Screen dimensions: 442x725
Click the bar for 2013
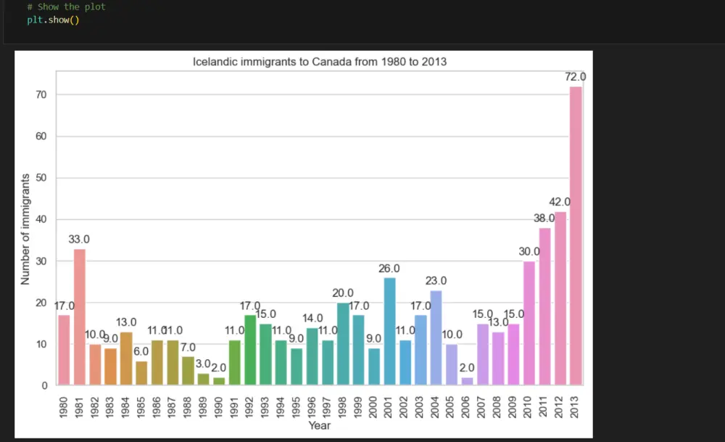(576, 236)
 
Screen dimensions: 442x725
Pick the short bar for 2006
(467, 381)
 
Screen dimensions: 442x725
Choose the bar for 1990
(219, 381)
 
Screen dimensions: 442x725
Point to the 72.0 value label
(576, 77)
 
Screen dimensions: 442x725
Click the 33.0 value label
(79, 239)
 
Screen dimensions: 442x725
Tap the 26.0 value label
(389, 269)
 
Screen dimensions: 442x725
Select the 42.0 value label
(559, 202)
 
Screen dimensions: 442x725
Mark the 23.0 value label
(436, 281)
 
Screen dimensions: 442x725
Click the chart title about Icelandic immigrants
(320, 62)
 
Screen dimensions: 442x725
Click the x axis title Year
(320, 425)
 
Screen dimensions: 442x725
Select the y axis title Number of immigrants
(26, 229)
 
